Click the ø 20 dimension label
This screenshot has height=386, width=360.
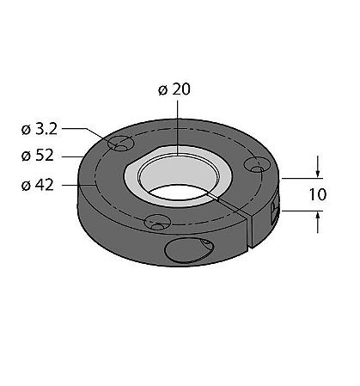click(177, 89)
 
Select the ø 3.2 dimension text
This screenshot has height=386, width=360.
click(40, 130)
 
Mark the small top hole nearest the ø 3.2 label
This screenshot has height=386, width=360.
click(119, 143)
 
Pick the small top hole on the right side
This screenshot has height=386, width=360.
click(254, 163)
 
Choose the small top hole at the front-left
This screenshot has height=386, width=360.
click(155, 223)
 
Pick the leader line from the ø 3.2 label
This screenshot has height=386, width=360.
click(90, 131)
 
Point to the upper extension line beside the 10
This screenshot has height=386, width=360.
click(301, 178)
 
